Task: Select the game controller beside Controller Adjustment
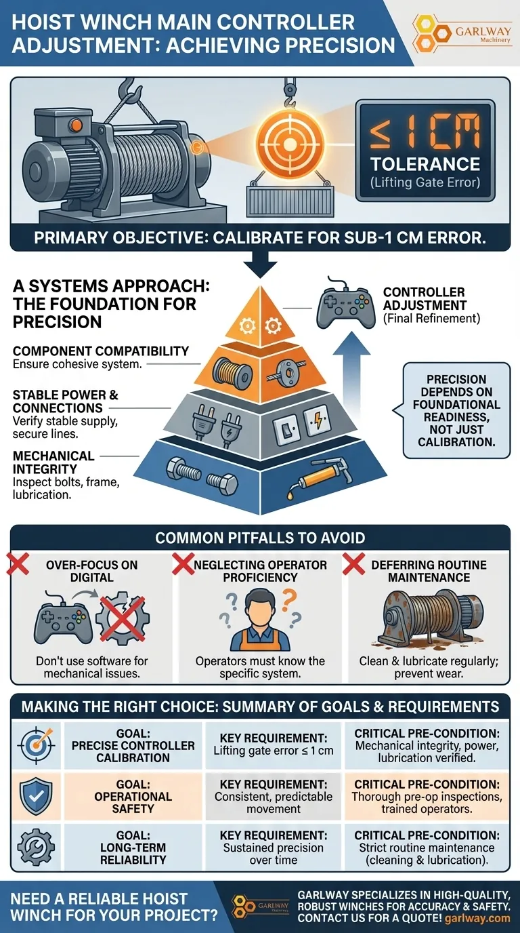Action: [x=345, y=306]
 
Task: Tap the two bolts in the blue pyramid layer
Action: [x=203, y=477]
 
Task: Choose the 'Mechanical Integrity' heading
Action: [x=53, y=462]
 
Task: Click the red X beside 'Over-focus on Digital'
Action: [x=18, y=563]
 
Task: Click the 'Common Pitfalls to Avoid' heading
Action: [x=260, y=538]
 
